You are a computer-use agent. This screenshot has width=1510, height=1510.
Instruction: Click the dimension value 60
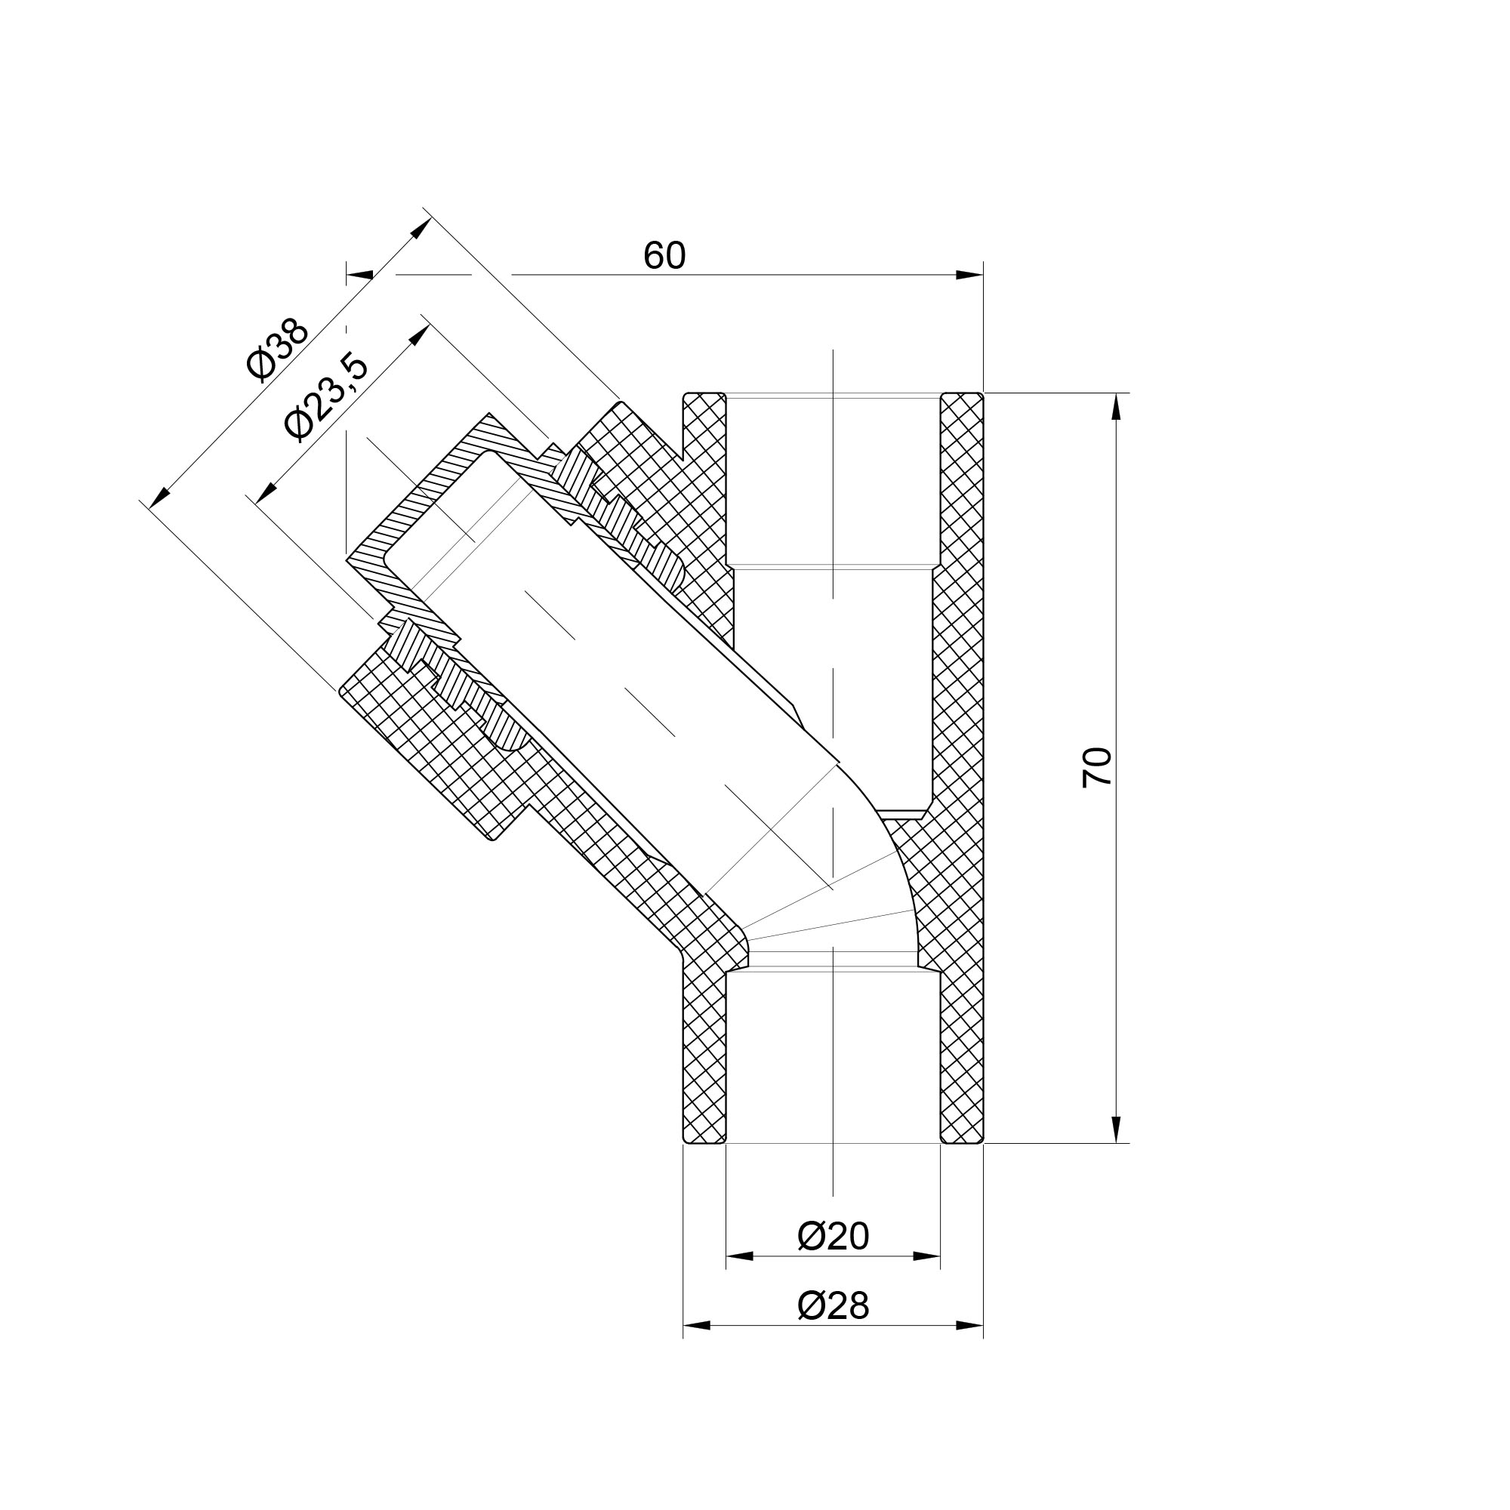coord(664,256)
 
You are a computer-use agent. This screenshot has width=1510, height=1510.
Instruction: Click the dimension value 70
coord(1098,768)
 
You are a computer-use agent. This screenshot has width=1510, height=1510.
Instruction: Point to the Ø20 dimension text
coord(834,1236)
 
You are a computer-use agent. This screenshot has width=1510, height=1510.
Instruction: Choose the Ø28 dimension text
coord(834,1305)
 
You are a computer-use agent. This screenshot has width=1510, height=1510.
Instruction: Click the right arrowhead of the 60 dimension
coord(970,274)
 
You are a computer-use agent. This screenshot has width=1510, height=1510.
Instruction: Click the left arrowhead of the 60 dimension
coord(359,274)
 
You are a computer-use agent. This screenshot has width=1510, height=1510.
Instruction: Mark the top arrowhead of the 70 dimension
coord(1116,406)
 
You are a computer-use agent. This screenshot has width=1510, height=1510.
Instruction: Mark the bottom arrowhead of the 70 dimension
coord(1116,1129)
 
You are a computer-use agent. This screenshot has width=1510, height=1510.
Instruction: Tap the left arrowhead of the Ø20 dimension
coord(739,1256)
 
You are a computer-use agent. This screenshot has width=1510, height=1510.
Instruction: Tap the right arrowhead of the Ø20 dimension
coord(927,1256)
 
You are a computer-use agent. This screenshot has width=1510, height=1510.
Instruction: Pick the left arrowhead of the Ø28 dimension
coord(696,1326)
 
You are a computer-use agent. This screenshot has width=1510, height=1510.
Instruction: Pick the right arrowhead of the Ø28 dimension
coord(970,1326)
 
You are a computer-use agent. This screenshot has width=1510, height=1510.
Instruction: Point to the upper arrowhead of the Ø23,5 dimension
coord(420,334)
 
